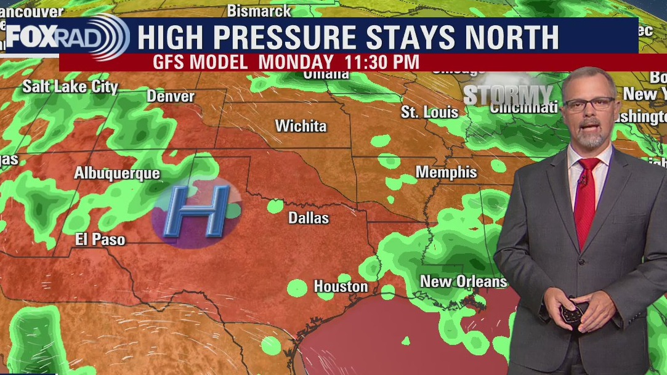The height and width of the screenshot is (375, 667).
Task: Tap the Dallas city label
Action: [309, 218]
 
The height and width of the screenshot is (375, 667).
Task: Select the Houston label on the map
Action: [341, 286]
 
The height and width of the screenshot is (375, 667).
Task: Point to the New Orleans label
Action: [463, 281]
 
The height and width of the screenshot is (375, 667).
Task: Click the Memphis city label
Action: [446, 172]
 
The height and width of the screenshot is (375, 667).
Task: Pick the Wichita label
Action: [301, 126]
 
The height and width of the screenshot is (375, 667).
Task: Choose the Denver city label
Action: [171, 97]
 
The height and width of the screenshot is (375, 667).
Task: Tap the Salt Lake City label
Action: [70, 87]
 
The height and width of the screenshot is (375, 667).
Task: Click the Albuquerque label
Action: [117, 174]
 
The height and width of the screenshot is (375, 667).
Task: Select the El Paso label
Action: [100, 240]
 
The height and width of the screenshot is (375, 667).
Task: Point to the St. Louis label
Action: [429, 112]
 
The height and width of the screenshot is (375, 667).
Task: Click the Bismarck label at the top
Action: [259, 10]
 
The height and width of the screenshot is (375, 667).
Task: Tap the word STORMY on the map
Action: [507, 95]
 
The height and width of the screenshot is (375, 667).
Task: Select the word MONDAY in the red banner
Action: [295, 62]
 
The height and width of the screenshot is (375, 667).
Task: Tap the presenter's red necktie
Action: [586, 197]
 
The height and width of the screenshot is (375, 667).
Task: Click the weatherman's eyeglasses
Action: [589, 103]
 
